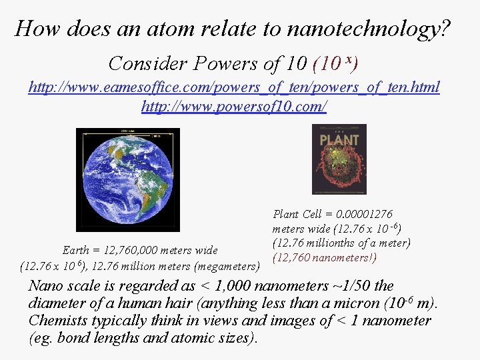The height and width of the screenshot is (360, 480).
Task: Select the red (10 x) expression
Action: [336, 63]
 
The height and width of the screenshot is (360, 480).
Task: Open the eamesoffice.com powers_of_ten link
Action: [234, 87]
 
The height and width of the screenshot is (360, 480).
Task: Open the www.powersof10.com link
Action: [234, 105]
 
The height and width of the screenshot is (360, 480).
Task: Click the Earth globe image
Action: [127, 179]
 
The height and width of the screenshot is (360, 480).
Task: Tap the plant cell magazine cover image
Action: [339, 159]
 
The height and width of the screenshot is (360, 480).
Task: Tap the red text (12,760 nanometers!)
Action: [325, 257]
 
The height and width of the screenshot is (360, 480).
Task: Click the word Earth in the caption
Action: [75, 251]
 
